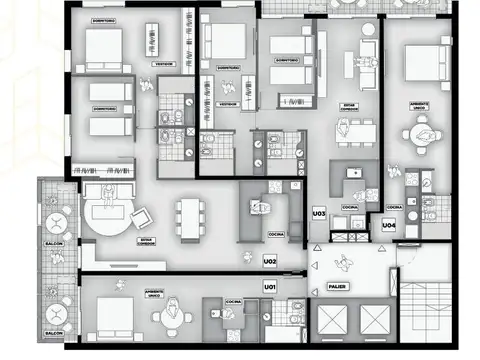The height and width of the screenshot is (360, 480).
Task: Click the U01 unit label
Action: tap(269, 287)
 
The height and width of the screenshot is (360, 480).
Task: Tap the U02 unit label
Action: tap(269, 261)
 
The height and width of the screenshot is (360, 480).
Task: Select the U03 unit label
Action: tap(319, 214)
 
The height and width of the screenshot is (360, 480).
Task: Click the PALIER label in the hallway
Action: tap(338, 287)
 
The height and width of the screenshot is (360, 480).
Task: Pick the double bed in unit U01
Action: tap(115, 318)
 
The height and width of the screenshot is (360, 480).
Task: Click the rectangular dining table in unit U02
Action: tap(189, 217)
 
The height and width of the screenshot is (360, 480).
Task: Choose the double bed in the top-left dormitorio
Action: tap(103, 44)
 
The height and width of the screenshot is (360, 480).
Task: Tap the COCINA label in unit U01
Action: tap(231, 300)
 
